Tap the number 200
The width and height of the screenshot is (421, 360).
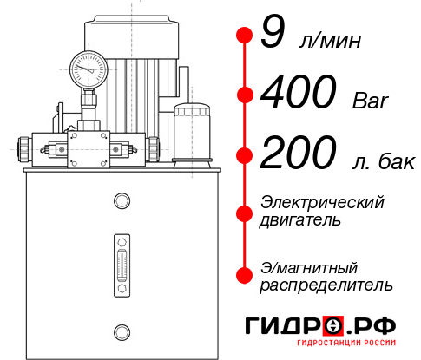coord(299,154)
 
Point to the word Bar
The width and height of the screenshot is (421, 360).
coord(372,101)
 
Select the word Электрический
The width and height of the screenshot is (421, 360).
coord(322,202)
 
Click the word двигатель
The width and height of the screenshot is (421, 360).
coord(300,220)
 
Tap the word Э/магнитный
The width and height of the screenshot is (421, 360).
coord(309,266)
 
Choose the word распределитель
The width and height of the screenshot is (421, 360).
coord(326,285)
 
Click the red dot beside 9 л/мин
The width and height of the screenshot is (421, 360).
coord(244,35)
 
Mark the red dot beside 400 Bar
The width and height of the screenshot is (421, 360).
coord(244,95)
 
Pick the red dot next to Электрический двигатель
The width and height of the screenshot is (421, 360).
coord(244,212)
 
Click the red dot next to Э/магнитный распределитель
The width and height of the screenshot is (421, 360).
coord(244,275)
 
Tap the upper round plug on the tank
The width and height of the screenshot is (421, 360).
coord(121,201)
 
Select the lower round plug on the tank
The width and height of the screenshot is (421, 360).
coord(121,331)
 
